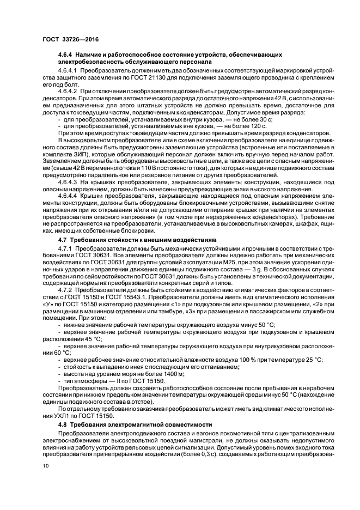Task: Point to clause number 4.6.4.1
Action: (x=70, y=72)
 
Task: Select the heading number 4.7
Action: (x=62, y=239)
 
